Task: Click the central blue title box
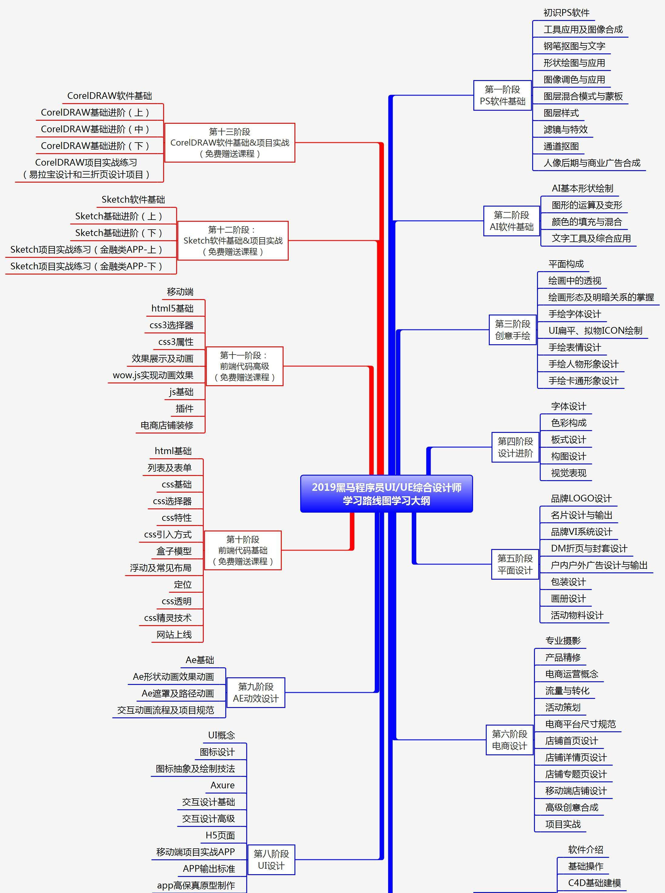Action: [x=386, y=494]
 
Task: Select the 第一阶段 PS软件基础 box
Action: [x=502, y=96]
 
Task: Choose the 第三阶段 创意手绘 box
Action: [x=512, y=330]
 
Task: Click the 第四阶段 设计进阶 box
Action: [x=515, y=447]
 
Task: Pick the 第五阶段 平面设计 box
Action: [x=515, y=564]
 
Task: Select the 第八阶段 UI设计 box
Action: [x=271, y=860]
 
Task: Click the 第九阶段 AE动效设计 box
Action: [x=256, y=692]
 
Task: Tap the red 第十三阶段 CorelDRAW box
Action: [x=230, y=143]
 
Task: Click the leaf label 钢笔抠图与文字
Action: [x=574, y=46]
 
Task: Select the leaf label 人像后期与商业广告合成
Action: [x=591, y=163]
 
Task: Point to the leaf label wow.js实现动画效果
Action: [x=153, y=375]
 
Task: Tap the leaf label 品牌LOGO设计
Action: [x=581, y=498]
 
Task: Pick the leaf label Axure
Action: [x=222, y=785]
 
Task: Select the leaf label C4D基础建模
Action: [x=594, y=883]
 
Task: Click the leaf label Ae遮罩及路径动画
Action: [x=177, y=693]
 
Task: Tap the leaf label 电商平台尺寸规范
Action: [x=580, y=724]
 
